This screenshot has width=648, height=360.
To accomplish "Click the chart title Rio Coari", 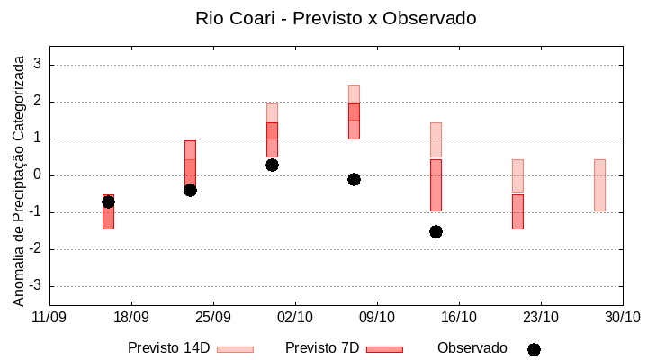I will click(336, 18).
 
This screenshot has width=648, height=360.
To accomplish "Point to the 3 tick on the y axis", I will click(38, 65).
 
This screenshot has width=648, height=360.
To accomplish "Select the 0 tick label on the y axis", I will click(38, 175).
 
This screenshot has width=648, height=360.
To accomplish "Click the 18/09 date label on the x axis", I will click(131, 317).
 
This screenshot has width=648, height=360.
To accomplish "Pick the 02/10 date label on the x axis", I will click(295, 317).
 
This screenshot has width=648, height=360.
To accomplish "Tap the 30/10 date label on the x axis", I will click(622, 317).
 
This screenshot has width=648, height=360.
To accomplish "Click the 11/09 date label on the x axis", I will click(49, 317).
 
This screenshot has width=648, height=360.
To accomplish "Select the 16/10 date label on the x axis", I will click(459, 317).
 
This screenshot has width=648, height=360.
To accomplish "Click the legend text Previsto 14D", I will click(168, 348).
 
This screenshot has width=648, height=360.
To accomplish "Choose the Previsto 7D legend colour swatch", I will click(384, 349).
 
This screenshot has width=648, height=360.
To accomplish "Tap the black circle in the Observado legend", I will click(534, 349).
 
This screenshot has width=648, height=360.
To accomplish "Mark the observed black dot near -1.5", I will click(436, 231).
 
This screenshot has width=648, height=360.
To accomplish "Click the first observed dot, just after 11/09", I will click(108, 202).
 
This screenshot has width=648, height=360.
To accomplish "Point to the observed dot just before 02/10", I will click(272, 165).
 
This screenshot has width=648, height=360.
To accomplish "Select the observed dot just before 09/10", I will click(354, 179).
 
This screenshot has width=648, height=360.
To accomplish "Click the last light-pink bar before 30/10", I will click(599, 184).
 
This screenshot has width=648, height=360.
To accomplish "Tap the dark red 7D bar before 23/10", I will click(517, 211).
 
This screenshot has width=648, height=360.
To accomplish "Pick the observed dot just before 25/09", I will click(190, 190).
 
